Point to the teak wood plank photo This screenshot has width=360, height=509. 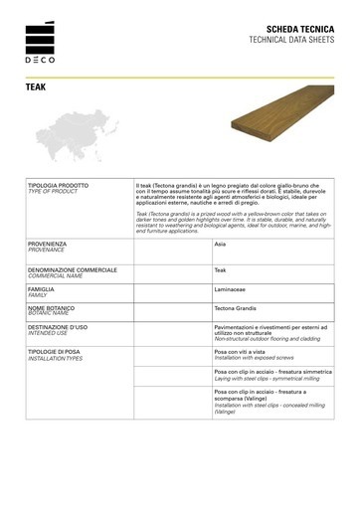pyautogui.click(x=274, y=139)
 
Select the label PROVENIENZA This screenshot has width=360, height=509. pyautogui.click(x=49, y=243)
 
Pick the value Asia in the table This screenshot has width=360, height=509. pyautogui.click(x=221, y=243)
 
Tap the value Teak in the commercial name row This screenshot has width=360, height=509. pyautogui.click(x=221, y=270)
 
